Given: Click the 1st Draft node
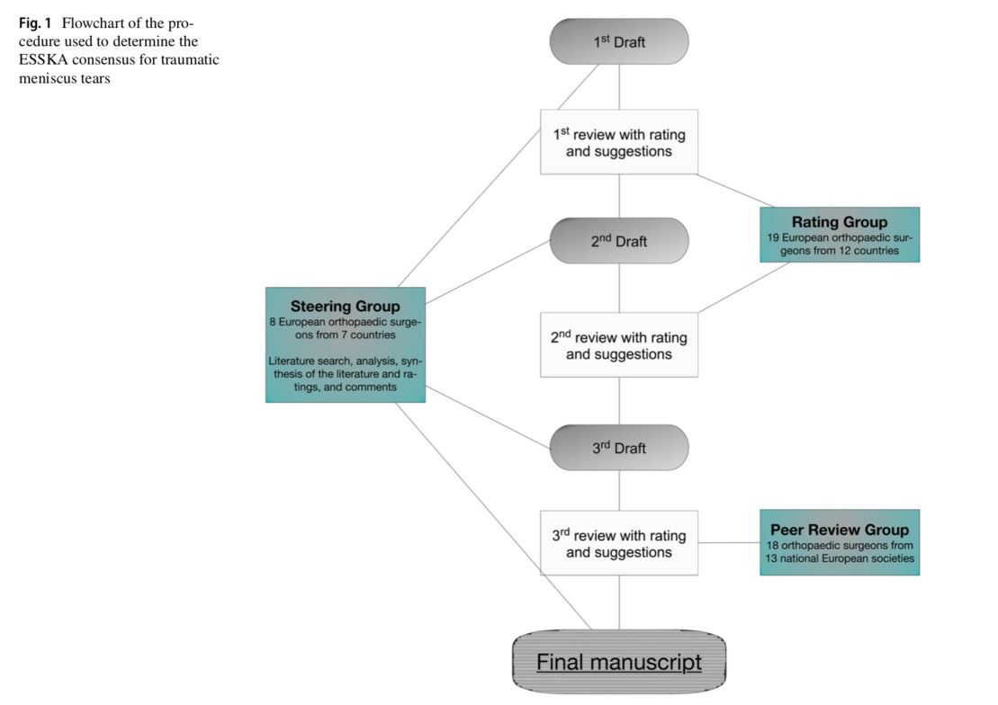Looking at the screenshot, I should coord(619,41).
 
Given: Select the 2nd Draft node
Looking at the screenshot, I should coord(619,241).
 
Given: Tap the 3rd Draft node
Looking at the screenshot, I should coord(619,448).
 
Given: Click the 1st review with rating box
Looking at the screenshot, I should coord(619,142).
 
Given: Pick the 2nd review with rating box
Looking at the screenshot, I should coord(619,345).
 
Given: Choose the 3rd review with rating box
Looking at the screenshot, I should coord(619,543).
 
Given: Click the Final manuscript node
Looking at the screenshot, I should coord(619,663).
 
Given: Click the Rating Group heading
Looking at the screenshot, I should coord(839,222).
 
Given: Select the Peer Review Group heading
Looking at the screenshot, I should coord(839,530).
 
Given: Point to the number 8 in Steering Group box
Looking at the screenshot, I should coord(272,321).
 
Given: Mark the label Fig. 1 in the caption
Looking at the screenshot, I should coord(36,22).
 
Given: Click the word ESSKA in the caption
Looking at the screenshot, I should coord(43,59).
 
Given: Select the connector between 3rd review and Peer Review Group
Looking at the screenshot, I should coord(729,543).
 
